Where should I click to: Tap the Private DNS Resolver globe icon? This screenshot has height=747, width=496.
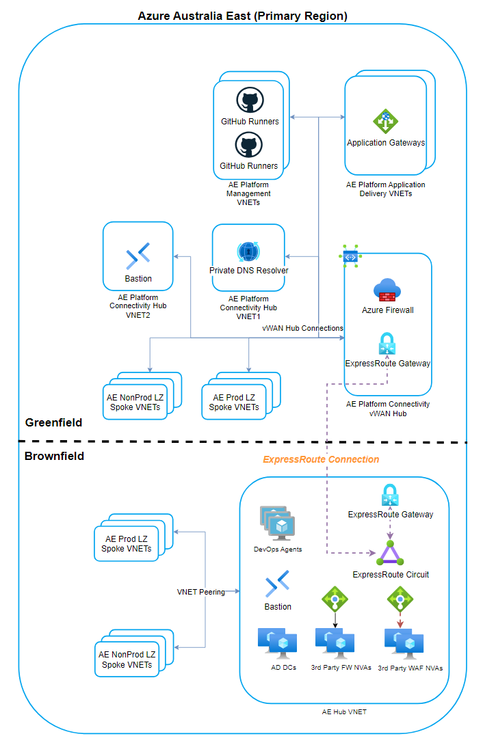[248, 251]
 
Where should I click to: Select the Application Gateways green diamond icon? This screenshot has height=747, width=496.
[386, 122]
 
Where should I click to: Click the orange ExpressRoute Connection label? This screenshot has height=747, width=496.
[321, 459]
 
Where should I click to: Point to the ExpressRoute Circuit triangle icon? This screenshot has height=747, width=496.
[390, 553]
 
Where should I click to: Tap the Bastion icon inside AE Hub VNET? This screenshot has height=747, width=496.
[278, 584]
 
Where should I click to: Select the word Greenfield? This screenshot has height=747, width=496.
[53, 422]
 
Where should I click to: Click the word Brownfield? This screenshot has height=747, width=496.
[54, 456]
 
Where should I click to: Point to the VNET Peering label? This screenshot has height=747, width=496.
[201, 592]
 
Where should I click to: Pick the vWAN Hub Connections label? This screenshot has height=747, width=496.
[302, 328]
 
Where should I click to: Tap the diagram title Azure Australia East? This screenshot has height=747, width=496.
[242, 16]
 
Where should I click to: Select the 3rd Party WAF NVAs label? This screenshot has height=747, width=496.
[410, 668]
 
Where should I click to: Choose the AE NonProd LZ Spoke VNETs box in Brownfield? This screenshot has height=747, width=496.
[127, 659]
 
